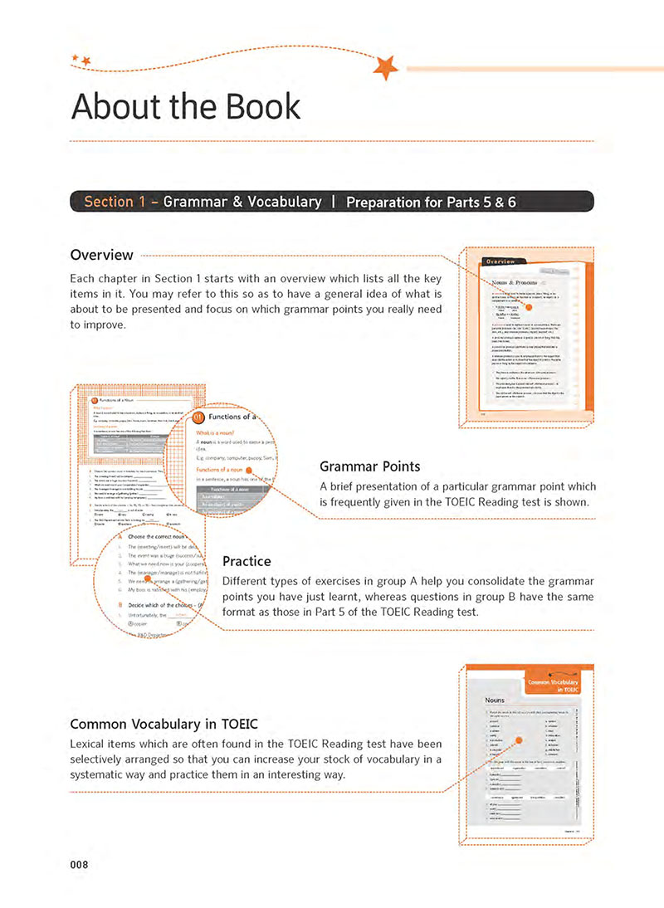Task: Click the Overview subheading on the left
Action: pyautogui.click(x=101, y=254)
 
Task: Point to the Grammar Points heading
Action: pyautogui.click(x=369, y=466)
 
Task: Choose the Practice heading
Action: pyautogui.click(x=247, y=562)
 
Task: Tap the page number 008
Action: pyautogui.click(x=80, y=864)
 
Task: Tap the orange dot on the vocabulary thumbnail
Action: pyautogui.click(x=516, y=741)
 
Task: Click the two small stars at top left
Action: pyautogui.click(x=81, y=59)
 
